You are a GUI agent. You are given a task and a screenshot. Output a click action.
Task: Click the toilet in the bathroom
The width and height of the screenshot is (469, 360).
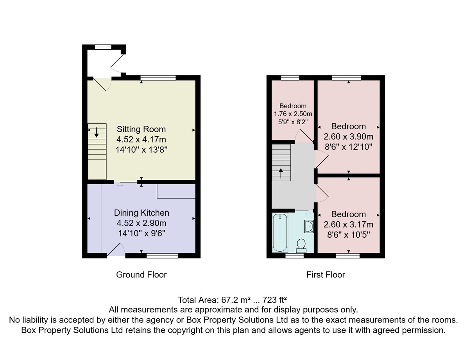pyautogui.click(x=301, y=246)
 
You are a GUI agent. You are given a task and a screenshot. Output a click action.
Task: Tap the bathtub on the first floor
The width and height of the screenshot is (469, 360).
pyautogui.click(x=280, y=233)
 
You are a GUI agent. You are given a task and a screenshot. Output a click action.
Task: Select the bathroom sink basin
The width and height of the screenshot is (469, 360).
pyautogui.click(x=309, y=226)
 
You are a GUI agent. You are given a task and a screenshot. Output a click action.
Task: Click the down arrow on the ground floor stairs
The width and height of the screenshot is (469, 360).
pyautogui.click(x=97, y=133)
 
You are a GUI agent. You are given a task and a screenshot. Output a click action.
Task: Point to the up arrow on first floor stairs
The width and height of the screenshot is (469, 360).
pyautogui.click(x=281, y=174)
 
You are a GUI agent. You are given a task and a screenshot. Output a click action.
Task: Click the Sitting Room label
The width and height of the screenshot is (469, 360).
pyautogui.click(x=141, y=129)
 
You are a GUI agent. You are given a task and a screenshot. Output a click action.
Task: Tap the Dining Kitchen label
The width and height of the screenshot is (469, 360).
pyautogui.click(x=141, y=213)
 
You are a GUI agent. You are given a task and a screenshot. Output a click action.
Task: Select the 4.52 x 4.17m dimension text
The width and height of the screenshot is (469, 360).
pyautogui.click(x=141, y=140)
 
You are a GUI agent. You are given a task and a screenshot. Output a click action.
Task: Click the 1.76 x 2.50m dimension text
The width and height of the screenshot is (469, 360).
pyautogui.click(x=293, y=114)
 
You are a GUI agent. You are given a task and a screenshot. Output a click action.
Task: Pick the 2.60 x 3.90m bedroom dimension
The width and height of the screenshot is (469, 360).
pyautogui.click(x=348, y=136)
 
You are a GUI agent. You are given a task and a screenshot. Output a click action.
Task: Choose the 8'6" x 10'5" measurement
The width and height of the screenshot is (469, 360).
pyautogui.click(x=348, y=235)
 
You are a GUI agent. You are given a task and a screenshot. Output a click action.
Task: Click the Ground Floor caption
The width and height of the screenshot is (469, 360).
pyautogui.click(x=141, y=275)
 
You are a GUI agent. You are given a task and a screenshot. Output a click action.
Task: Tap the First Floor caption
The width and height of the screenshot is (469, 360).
pyautogui.click(x=326, y=275)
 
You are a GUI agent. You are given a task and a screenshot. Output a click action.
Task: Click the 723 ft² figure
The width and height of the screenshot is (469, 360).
pyautogui.click(x=274, y=300)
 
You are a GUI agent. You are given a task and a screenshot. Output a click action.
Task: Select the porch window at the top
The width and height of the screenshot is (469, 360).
pyautogui.click(x=103, y=47)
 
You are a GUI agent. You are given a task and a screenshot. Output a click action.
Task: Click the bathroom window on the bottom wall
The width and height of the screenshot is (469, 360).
pyautogui.click(x=294, y=256)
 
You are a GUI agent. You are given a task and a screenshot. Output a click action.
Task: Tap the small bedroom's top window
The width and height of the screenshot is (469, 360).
pyautogui.click(x=290, y=78)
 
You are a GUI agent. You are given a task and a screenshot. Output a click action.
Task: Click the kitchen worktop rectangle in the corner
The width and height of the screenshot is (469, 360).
pyautogui.click(x=176, y=191)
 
